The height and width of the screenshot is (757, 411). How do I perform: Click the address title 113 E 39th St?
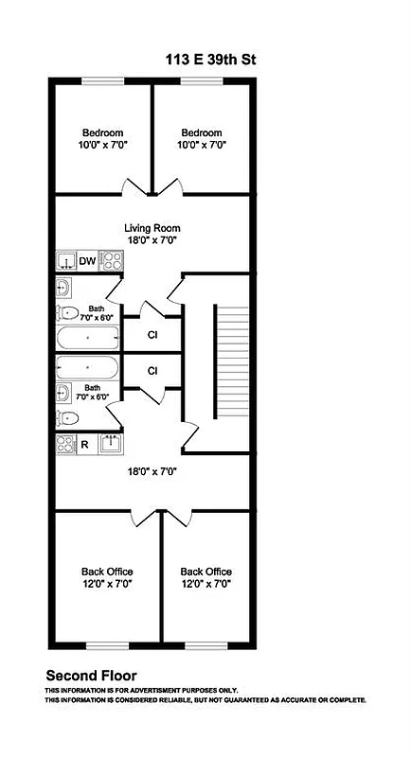(x=209, y=60)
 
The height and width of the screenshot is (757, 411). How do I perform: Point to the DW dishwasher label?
(x=87, y=262)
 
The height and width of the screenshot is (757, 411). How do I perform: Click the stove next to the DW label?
(x=109, y=262)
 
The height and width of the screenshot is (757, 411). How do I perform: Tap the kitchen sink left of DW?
(x=65, y=262)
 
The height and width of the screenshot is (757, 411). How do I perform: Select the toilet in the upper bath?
(x=67, y=313)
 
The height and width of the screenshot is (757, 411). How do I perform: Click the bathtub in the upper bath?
(x=87, y=338)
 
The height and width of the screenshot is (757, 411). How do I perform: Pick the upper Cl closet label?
(x=152, y=335)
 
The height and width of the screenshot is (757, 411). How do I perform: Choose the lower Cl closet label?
(x=152, y=370)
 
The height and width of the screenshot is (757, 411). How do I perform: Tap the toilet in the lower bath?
(x=67, y=417)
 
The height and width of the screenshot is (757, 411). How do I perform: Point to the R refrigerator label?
(x=84, y=443)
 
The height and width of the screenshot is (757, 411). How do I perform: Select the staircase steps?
(x=217, y=362)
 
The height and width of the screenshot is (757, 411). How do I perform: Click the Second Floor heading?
(x=92, y=676)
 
